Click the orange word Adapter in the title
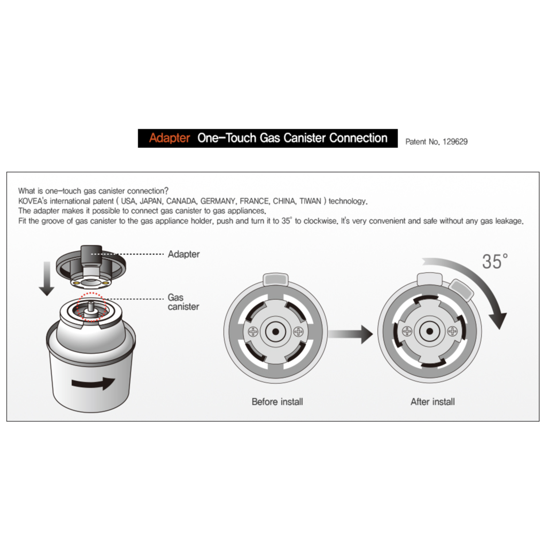tap(170, 138)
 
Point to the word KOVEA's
tap(33, 201)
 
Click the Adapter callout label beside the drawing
tap(184, 254)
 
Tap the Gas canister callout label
tap(183, 302)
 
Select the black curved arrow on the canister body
tap(93, 383)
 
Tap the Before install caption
tap(277, 402)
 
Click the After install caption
tap(433, 402)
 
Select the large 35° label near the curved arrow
tap(495, 261)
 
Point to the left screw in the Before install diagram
tap(253, 332)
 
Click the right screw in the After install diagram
tap(453, 331)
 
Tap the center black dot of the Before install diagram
tap(276, 332)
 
